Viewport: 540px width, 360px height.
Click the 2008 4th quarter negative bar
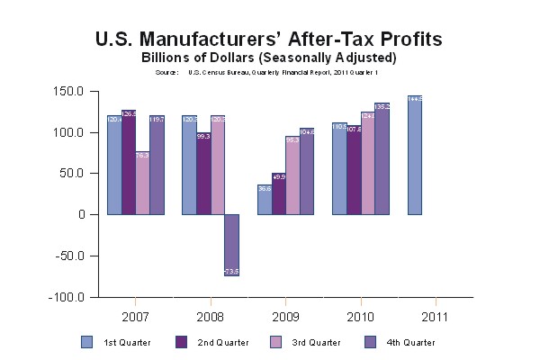pos(232,245)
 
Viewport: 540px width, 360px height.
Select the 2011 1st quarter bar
pos(415,155)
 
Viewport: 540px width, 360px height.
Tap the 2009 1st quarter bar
pos(265,199)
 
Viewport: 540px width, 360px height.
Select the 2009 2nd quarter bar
pos(279,193)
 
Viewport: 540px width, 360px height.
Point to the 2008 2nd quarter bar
pos(203,174)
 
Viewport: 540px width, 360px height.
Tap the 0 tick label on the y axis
pos(81,214)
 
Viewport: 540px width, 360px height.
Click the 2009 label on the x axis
pos(285,316)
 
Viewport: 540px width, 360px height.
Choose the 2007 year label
pos(135,316)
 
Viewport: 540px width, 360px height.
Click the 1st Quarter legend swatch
pos(87,341)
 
